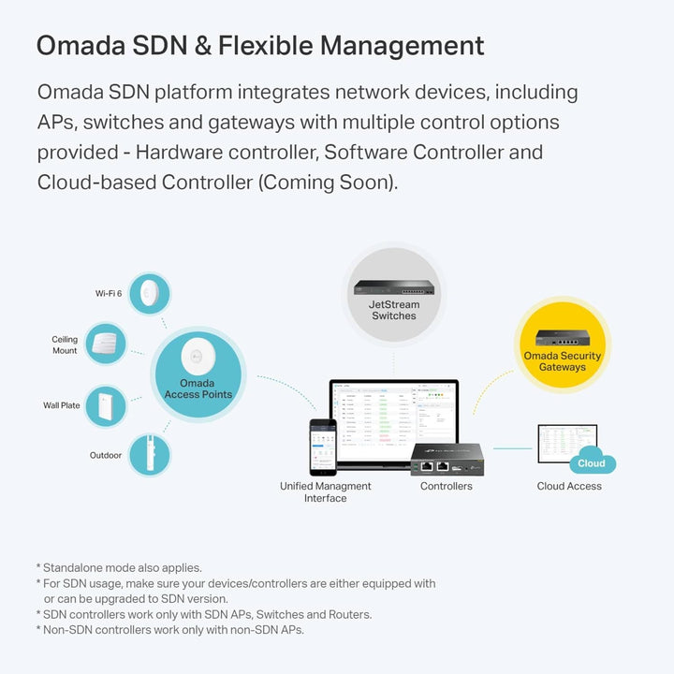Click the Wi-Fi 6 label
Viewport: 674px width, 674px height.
[x=109, y=294]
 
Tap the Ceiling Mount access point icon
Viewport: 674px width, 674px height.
[x=105, y=344]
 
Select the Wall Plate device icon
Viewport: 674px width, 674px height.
[x=105, y=406]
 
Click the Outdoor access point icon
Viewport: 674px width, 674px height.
[x=145, y=455]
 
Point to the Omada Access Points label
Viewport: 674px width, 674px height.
[x=198, y=388]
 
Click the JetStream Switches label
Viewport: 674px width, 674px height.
[x=394, y=310]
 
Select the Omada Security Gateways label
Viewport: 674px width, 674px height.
[x=562, y=361]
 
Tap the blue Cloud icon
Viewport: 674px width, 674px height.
[x=592, y=462]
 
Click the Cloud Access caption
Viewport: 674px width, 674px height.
[x=569, y=487]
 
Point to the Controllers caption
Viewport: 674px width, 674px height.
[x=447, y=487]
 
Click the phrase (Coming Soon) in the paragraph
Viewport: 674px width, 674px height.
[x=327, y=182]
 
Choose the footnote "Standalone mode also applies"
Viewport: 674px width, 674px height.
[x=122, y=567]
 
